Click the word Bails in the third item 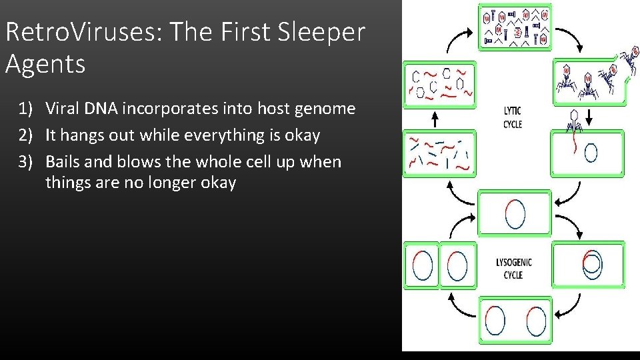pos(65,162)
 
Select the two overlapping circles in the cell pos(591,265)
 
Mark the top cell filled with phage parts pos(515,27)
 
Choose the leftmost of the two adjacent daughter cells pos(421,265)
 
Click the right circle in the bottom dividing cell pos(536,321)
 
